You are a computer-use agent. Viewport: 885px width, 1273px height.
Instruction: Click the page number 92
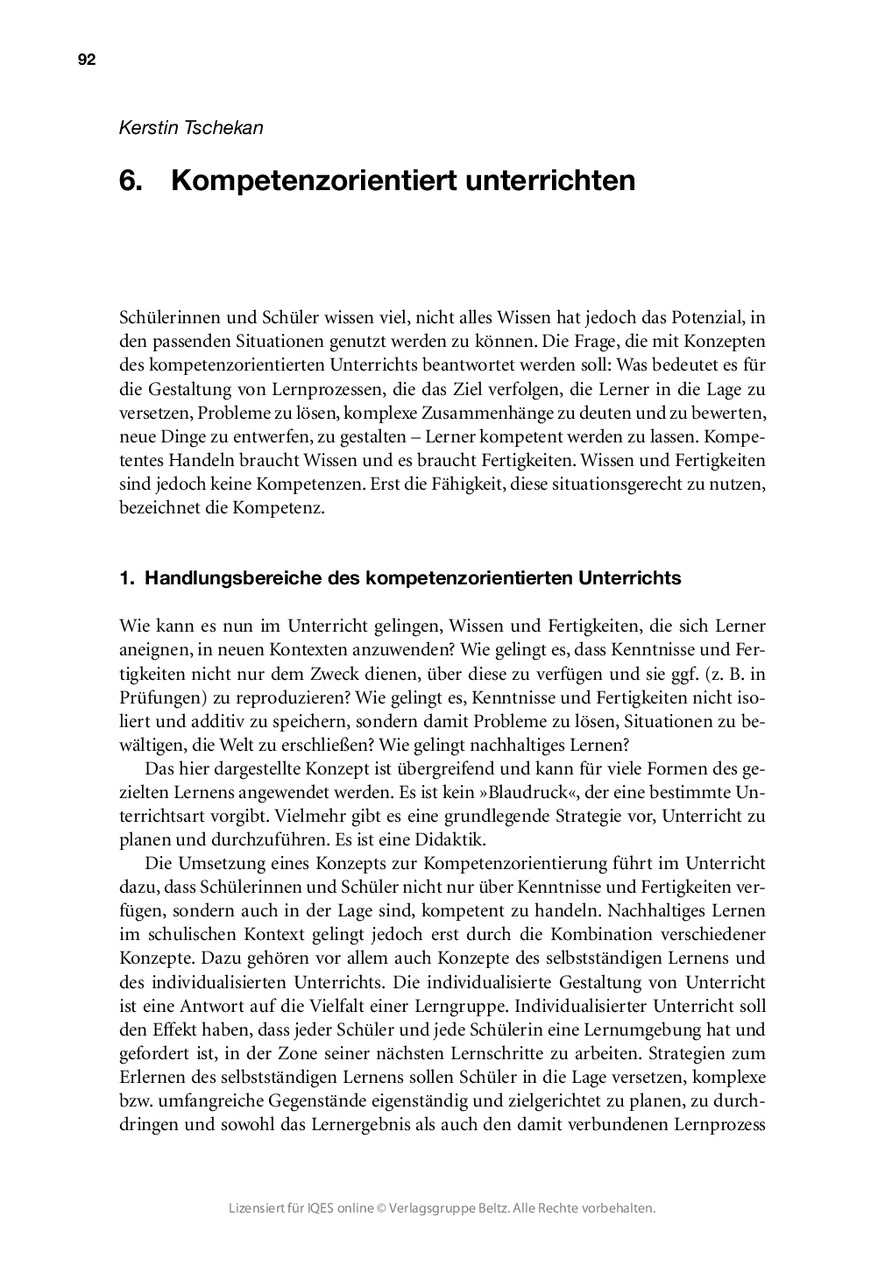pos(86,60)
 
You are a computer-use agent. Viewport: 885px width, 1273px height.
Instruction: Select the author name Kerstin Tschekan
pos(191,127)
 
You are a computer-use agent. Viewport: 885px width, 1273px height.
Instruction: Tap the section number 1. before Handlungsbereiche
pos(126,578)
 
